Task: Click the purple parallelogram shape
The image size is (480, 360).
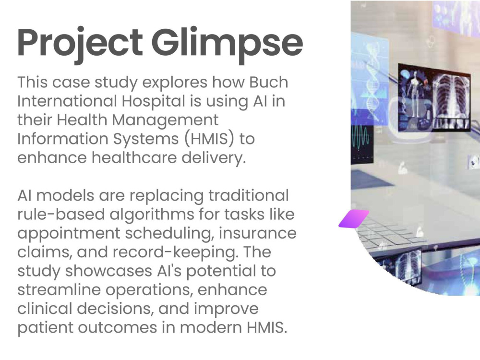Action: click(354, 219)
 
